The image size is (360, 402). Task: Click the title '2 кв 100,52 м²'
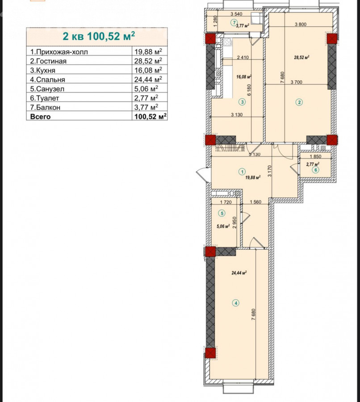[99, 36]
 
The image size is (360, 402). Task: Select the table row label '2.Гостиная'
[48, 61]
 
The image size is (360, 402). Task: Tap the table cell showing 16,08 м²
[148, 70]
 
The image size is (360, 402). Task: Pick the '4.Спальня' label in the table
[47, 80]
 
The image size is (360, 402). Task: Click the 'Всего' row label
[40, 117]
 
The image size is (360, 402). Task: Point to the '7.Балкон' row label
[45, 107]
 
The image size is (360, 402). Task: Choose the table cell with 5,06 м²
[146, 88]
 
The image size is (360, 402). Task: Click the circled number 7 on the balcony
[234, 23]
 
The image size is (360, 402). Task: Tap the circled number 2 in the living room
[299, 102]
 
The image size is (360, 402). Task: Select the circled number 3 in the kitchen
[242, 102]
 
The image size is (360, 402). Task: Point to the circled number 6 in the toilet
[316, 170]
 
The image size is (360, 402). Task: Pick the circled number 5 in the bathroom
[222, 213]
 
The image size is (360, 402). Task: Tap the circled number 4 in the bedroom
[236, 303]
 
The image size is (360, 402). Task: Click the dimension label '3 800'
[301, 25]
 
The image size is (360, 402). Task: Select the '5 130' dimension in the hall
[255, 155]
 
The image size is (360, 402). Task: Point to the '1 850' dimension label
[315, 156]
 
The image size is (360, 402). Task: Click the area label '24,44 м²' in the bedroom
[239, 273]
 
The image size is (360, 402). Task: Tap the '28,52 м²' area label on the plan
[301, 58]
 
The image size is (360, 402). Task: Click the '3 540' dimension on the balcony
[236, 14]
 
